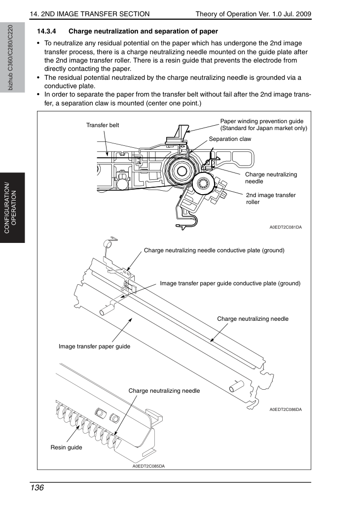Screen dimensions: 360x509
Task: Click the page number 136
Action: click(36, 487)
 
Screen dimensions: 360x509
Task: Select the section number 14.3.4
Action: click(46, 32)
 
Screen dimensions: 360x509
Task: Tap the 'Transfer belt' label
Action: click(103, 125)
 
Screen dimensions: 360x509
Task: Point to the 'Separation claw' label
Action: click(230, 139)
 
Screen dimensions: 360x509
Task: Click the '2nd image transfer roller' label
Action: click(271, 199)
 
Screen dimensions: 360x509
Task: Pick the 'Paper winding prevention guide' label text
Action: click(262, 121)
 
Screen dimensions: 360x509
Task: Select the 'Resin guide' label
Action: click(66, 447)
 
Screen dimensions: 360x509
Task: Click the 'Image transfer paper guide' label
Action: click(94, 346)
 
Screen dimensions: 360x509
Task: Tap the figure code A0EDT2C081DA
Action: click(286, 227)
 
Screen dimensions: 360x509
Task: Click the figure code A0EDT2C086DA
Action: click(286, 409)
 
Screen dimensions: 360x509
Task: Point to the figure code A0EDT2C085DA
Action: click(148, 466)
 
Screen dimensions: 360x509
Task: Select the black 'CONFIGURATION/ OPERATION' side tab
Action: click(12, 208)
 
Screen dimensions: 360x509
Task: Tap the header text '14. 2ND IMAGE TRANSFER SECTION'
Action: click(90, 14)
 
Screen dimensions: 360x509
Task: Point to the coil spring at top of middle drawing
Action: click(108, 244)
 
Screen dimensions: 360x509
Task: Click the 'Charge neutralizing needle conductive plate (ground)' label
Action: click(214, 250)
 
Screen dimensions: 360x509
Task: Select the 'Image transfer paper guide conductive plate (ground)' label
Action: click(230, 283)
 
